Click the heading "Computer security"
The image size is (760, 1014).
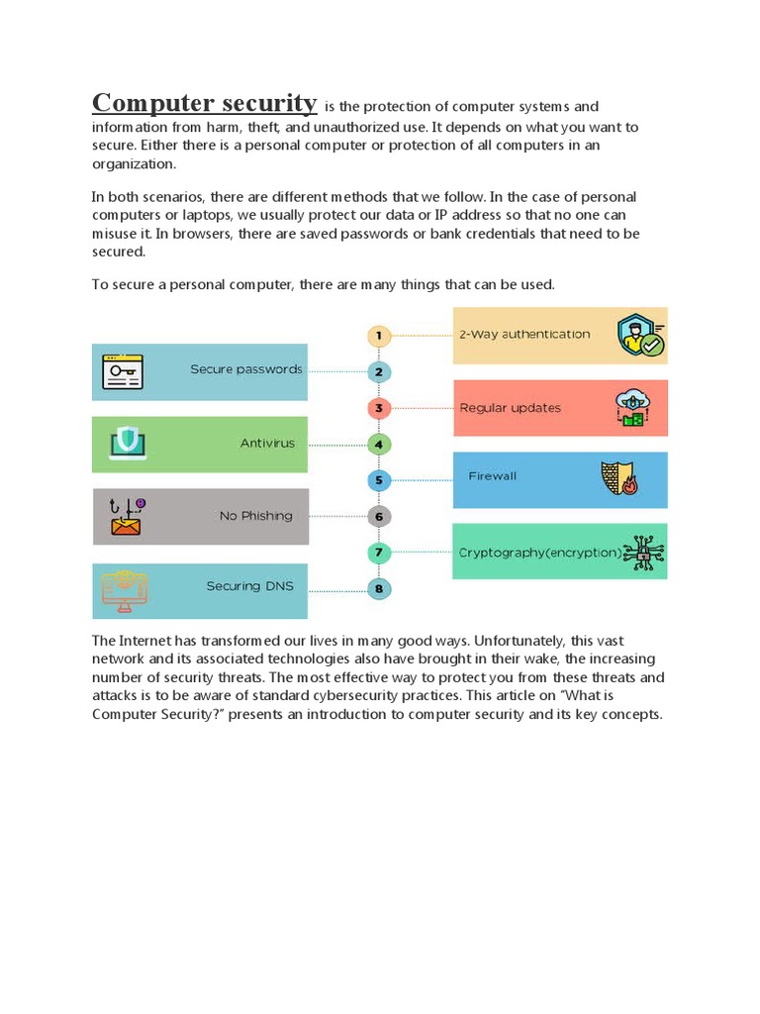(x=205, y=103)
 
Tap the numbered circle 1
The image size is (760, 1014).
(x=379, y=336)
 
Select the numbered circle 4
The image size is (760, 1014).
(x=379, y=444)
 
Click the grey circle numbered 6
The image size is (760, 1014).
(x=379, y=516)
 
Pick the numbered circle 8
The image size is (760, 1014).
(x=379, y=589)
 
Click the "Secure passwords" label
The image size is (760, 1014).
(x=245, y=369)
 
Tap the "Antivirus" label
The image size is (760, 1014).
(x=267, y=444)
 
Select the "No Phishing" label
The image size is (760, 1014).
(x=255, y=516)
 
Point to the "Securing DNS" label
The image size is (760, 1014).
(x=249, y=586)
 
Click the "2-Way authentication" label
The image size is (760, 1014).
(x=523, y=335)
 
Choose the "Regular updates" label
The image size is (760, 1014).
(x=510, y=408)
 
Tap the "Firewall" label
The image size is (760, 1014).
(x=492, y=476)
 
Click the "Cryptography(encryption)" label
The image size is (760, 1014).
(x=540, y=554)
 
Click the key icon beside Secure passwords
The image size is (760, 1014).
(x=123, y=371)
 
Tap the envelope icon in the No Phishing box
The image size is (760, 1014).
(x=125, y=519)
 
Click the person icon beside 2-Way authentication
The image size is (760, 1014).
(x=639, y=336)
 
